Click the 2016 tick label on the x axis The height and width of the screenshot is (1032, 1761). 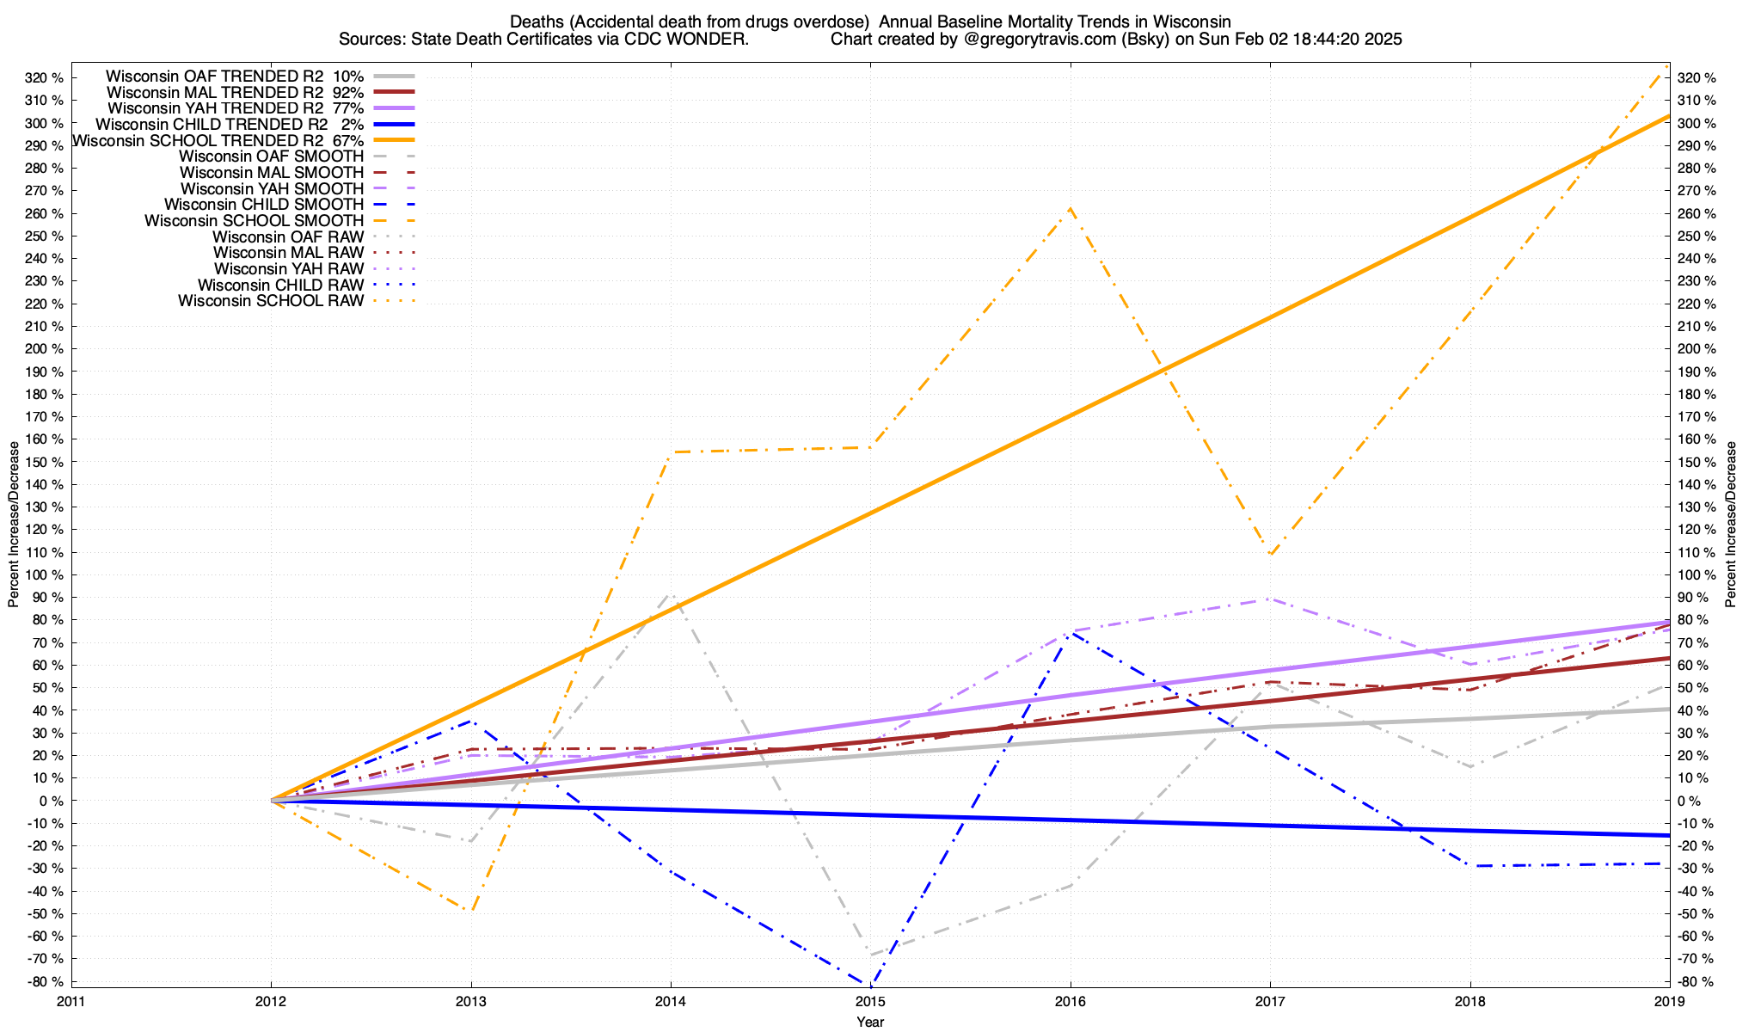coord(1070,1001)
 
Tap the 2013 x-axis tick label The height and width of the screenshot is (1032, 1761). coord(470,1001)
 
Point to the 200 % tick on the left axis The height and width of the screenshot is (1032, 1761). coord(46,349)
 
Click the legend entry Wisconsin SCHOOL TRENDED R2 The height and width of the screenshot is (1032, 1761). coord(199,140)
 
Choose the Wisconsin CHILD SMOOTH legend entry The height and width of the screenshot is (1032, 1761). coord(264,205)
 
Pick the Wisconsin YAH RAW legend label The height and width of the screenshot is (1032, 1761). coord(272,269)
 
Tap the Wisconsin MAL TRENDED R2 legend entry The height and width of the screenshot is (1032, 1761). coord(215,92)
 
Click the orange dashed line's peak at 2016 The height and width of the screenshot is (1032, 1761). coord(1070,208)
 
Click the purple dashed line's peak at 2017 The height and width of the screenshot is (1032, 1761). coord(1270,599)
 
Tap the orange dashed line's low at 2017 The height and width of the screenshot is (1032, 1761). coord(1270,556)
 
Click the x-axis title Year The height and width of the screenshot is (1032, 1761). coord(870,1023)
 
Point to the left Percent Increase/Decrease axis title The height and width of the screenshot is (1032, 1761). coord(14,525)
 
